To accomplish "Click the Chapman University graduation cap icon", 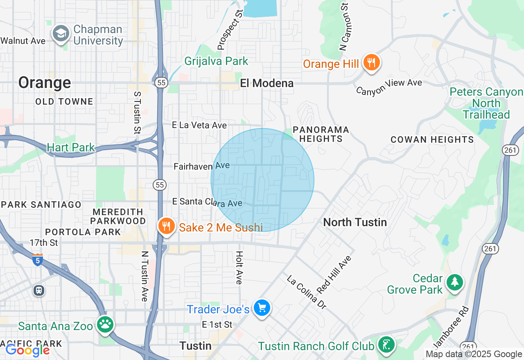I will point(61,34).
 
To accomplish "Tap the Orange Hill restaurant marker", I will point(371,63).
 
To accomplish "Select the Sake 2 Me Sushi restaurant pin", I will point(166,226).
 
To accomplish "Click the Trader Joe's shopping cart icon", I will point(262,308).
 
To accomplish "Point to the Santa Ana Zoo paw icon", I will point(105,325).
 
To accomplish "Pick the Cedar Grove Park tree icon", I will point(454,282).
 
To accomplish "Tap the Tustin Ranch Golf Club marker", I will point(385,344).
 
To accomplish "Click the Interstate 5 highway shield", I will point(37,259).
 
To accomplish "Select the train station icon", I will point(39,290).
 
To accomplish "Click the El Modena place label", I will point(267,83).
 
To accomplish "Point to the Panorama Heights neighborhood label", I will point(321,134).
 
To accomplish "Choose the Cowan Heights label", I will point(432,139).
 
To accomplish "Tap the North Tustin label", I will point(355,222).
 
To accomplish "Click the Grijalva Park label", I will point(216,61).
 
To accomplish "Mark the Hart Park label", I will point(71,147).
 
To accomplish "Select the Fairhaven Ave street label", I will point(201,166).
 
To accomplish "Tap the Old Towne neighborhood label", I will point(64,101).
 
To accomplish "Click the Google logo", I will point(27,350).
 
